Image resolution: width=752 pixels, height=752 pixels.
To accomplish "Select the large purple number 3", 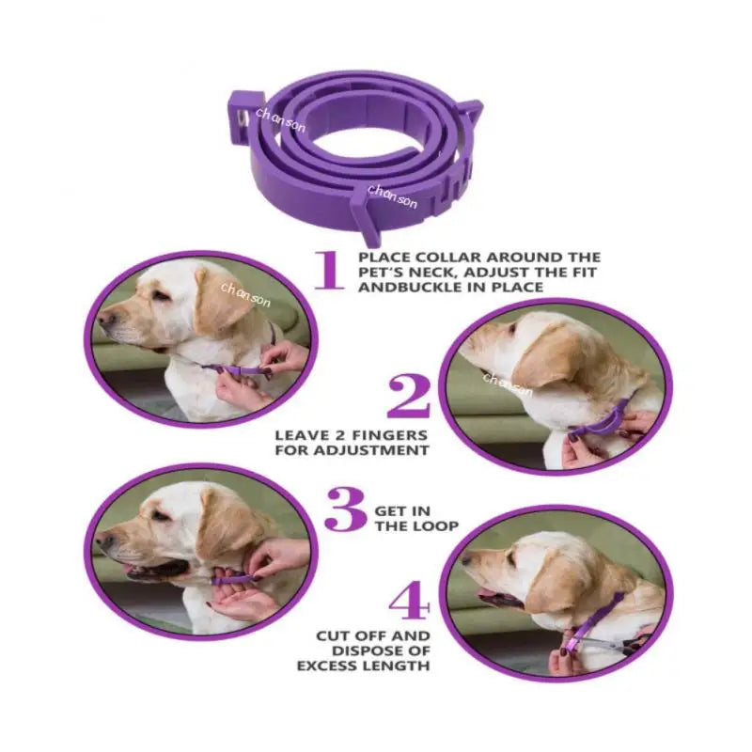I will click(345, 512).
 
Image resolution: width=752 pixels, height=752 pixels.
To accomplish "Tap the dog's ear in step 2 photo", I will click(550, 362).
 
